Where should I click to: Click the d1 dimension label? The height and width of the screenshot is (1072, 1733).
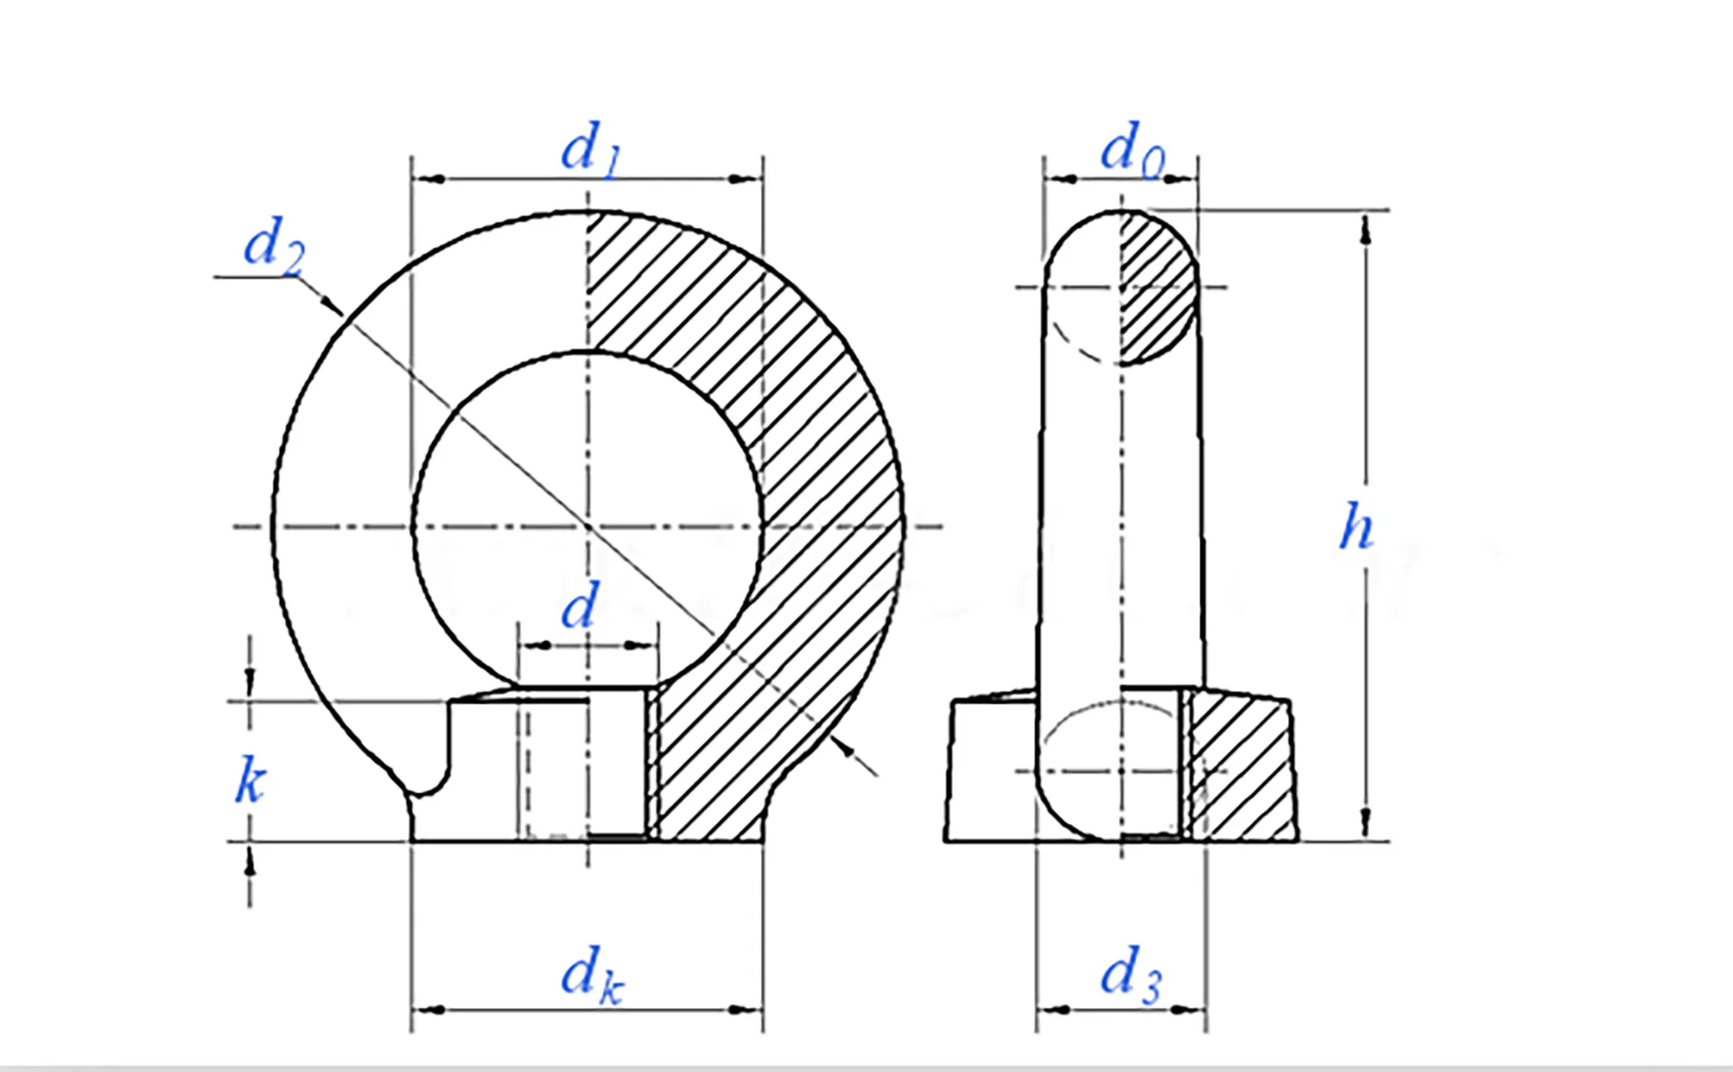coord(591,150)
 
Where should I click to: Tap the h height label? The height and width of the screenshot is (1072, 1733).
coord(1356,528)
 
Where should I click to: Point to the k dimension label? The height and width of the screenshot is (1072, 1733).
coord(249,781)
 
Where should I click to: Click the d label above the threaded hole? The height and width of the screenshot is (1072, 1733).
coord(579,606)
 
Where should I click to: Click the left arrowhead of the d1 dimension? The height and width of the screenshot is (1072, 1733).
coord(428,179)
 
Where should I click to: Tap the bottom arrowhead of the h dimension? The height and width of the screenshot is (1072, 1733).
coord(1366,823)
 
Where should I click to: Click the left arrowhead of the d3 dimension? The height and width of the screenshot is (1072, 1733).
coord(1052,1009)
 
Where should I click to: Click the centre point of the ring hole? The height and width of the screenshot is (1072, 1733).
coord(588,526)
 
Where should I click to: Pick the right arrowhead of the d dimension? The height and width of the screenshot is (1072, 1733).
coord(643,646)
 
